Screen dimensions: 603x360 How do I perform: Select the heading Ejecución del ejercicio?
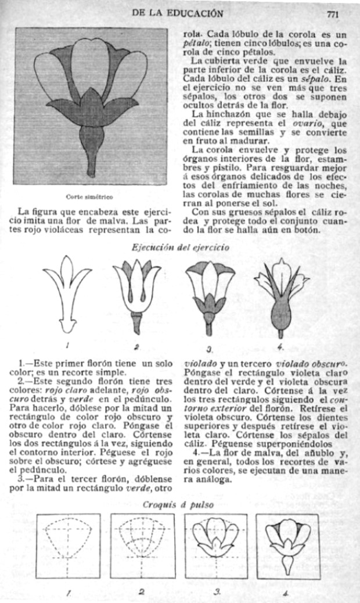pos(180,247)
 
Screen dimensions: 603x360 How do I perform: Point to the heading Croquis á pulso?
pos(178,505)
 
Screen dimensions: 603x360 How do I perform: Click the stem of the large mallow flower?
pos(91,157)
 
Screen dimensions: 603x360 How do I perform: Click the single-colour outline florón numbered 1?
pos(67,293)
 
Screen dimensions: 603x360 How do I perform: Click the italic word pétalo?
pos(192,43)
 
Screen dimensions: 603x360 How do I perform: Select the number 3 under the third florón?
pos(209,350)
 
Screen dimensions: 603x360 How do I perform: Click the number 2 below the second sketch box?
pos(142,593)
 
